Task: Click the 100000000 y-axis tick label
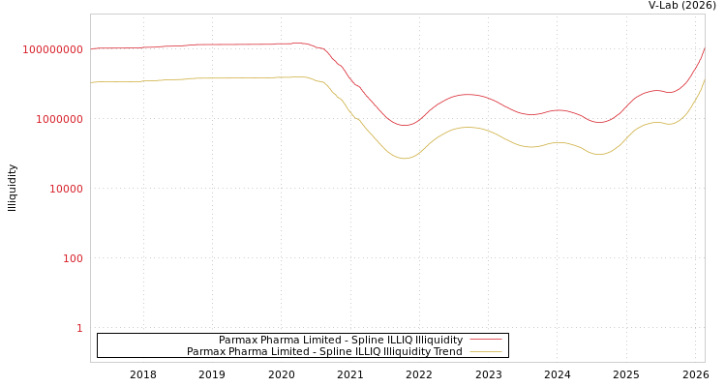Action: [53, 49]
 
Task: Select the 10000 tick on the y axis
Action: [67, 189]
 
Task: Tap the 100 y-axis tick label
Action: [73, 258]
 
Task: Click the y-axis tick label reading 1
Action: [79, 328]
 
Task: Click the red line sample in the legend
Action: [486, 341]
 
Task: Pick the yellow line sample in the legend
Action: [486, 352]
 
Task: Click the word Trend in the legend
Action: [448, 352]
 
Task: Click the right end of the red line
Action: [704, 49]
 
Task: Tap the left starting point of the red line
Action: [91, 48]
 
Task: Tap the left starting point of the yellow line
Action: [91, 82]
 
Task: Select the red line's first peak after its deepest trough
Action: [469, 95]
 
